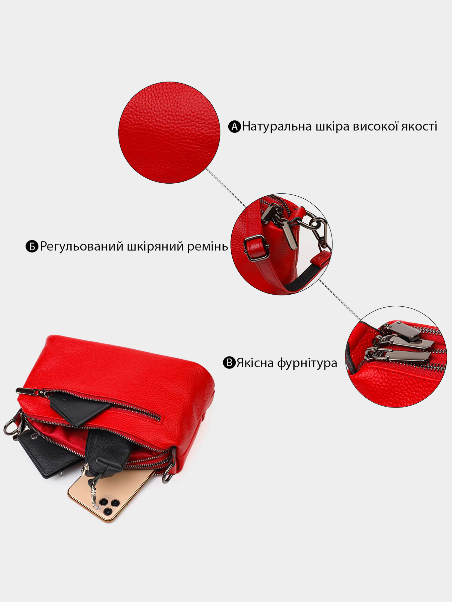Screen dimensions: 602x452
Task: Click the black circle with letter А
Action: [234, 127]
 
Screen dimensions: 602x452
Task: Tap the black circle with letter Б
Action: [32, 246]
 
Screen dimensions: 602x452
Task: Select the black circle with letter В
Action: [229, 363]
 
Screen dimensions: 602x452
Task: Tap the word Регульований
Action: [82, 247]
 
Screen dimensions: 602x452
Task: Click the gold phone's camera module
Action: [108, 504]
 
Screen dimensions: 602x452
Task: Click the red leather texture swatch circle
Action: [169, 132]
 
